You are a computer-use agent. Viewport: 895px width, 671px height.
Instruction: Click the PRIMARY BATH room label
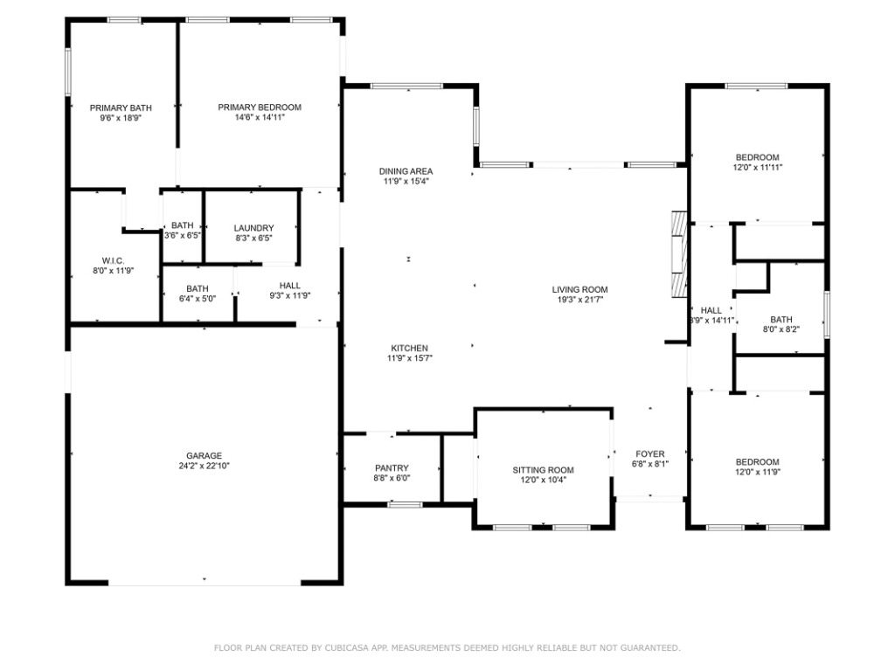pos(121,107)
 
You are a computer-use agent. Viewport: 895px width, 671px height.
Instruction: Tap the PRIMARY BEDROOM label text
pos(260,107)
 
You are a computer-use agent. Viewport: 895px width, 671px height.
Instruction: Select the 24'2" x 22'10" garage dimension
pos(204,466)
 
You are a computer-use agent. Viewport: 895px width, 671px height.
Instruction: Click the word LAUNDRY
pos(254,228)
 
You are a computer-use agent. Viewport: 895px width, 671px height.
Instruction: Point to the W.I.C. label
pos(113,260)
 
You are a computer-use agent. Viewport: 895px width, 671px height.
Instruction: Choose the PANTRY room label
pos(392,468)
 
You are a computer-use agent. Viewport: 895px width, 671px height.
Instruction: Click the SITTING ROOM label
pos(543,470)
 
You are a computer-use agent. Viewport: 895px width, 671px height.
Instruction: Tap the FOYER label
pos(650,454)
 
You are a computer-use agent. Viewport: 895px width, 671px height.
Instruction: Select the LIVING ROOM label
pos(580,289)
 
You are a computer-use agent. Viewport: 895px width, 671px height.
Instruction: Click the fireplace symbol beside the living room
pos(679,254)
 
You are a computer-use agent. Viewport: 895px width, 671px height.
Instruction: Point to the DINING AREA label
pos(406,171)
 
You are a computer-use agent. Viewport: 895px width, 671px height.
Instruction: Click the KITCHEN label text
pos(409,348)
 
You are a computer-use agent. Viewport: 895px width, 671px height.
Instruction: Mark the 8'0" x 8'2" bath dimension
pos(781,329)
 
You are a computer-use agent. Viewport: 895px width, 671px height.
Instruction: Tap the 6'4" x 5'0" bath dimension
pos(198,299)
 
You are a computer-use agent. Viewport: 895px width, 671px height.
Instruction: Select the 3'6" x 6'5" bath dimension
pos(183,235)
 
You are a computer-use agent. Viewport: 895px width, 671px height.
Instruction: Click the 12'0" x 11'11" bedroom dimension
pos(758,167)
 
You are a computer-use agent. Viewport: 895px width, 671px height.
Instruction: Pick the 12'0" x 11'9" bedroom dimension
pos(758,472)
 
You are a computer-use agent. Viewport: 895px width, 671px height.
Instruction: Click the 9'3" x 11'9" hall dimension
pos(290,295)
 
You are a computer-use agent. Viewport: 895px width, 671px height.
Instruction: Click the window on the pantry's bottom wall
pos(406,504)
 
